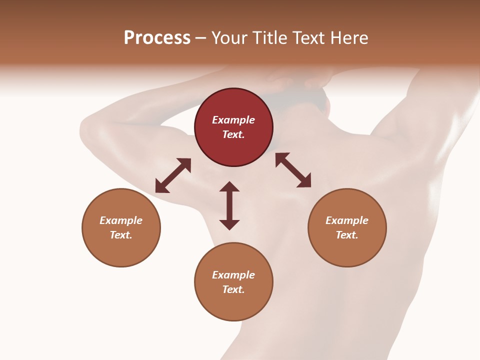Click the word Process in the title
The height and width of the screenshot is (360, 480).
(x=157, y=38)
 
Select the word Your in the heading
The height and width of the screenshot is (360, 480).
(x=230, y=38)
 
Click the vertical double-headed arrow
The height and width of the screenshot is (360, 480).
(x=229, y=205)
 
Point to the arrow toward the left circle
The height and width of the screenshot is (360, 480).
(x=173, y=175)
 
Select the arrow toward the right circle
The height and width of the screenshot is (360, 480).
(x=293, y=170)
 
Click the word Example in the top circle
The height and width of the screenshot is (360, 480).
(x=233, y=120)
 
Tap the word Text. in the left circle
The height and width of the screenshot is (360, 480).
(x=121, y=235)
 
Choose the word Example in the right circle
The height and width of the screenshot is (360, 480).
(x=347, y=220)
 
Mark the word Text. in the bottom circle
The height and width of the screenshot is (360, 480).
(x=233, y=289)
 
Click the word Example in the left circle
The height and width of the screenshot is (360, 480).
(x=121, y=220)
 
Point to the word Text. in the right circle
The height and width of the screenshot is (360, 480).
(x=347, y=235)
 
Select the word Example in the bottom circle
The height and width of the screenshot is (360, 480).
(x=233, y=275)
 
